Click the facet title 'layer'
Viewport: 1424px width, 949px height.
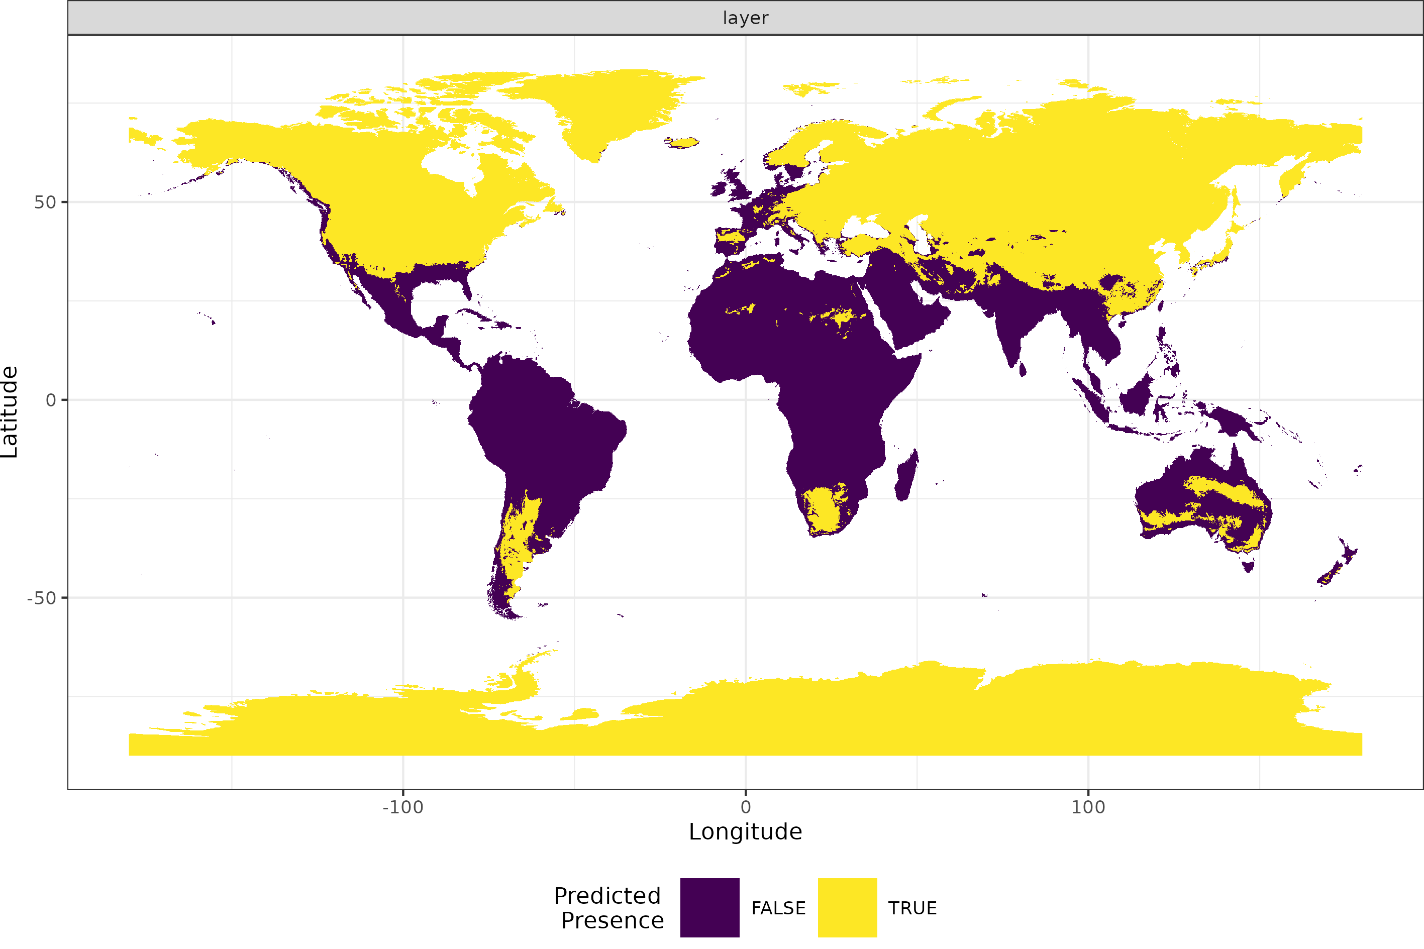click(x=745, y=18)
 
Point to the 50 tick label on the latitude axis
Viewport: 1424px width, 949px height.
click(x=45, y=202)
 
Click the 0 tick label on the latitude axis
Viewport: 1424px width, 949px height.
click(x=51, y=400)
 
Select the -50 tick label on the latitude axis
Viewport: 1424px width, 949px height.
click(x=42, y=598)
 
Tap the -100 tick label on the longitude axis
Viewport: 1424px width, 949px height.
click(x=402, y=807)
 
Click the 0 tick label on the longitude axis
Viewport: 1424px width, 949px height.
click(x=746, y=807)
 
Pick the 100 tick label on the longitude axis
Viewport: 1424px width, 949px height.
click(x=1088, y=807)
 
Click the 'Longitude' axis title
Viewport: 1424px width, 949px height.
click(x=745, y=832)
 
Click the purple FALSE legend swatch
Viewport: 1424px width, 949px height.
click(x=709, y=908)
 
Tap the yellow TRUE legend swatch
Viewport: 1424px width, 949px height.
click(x=847, y=908)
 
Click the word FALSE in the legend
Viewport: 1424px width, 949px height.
click(x=778, y=908)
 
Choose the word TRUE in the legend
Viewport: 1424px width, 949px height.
click(x=912, y=908)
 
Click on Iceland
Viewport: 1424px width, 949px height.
click(x=682, y=143)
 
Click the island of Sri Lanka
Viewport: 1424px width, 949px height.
click(x=1022, y=369)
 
